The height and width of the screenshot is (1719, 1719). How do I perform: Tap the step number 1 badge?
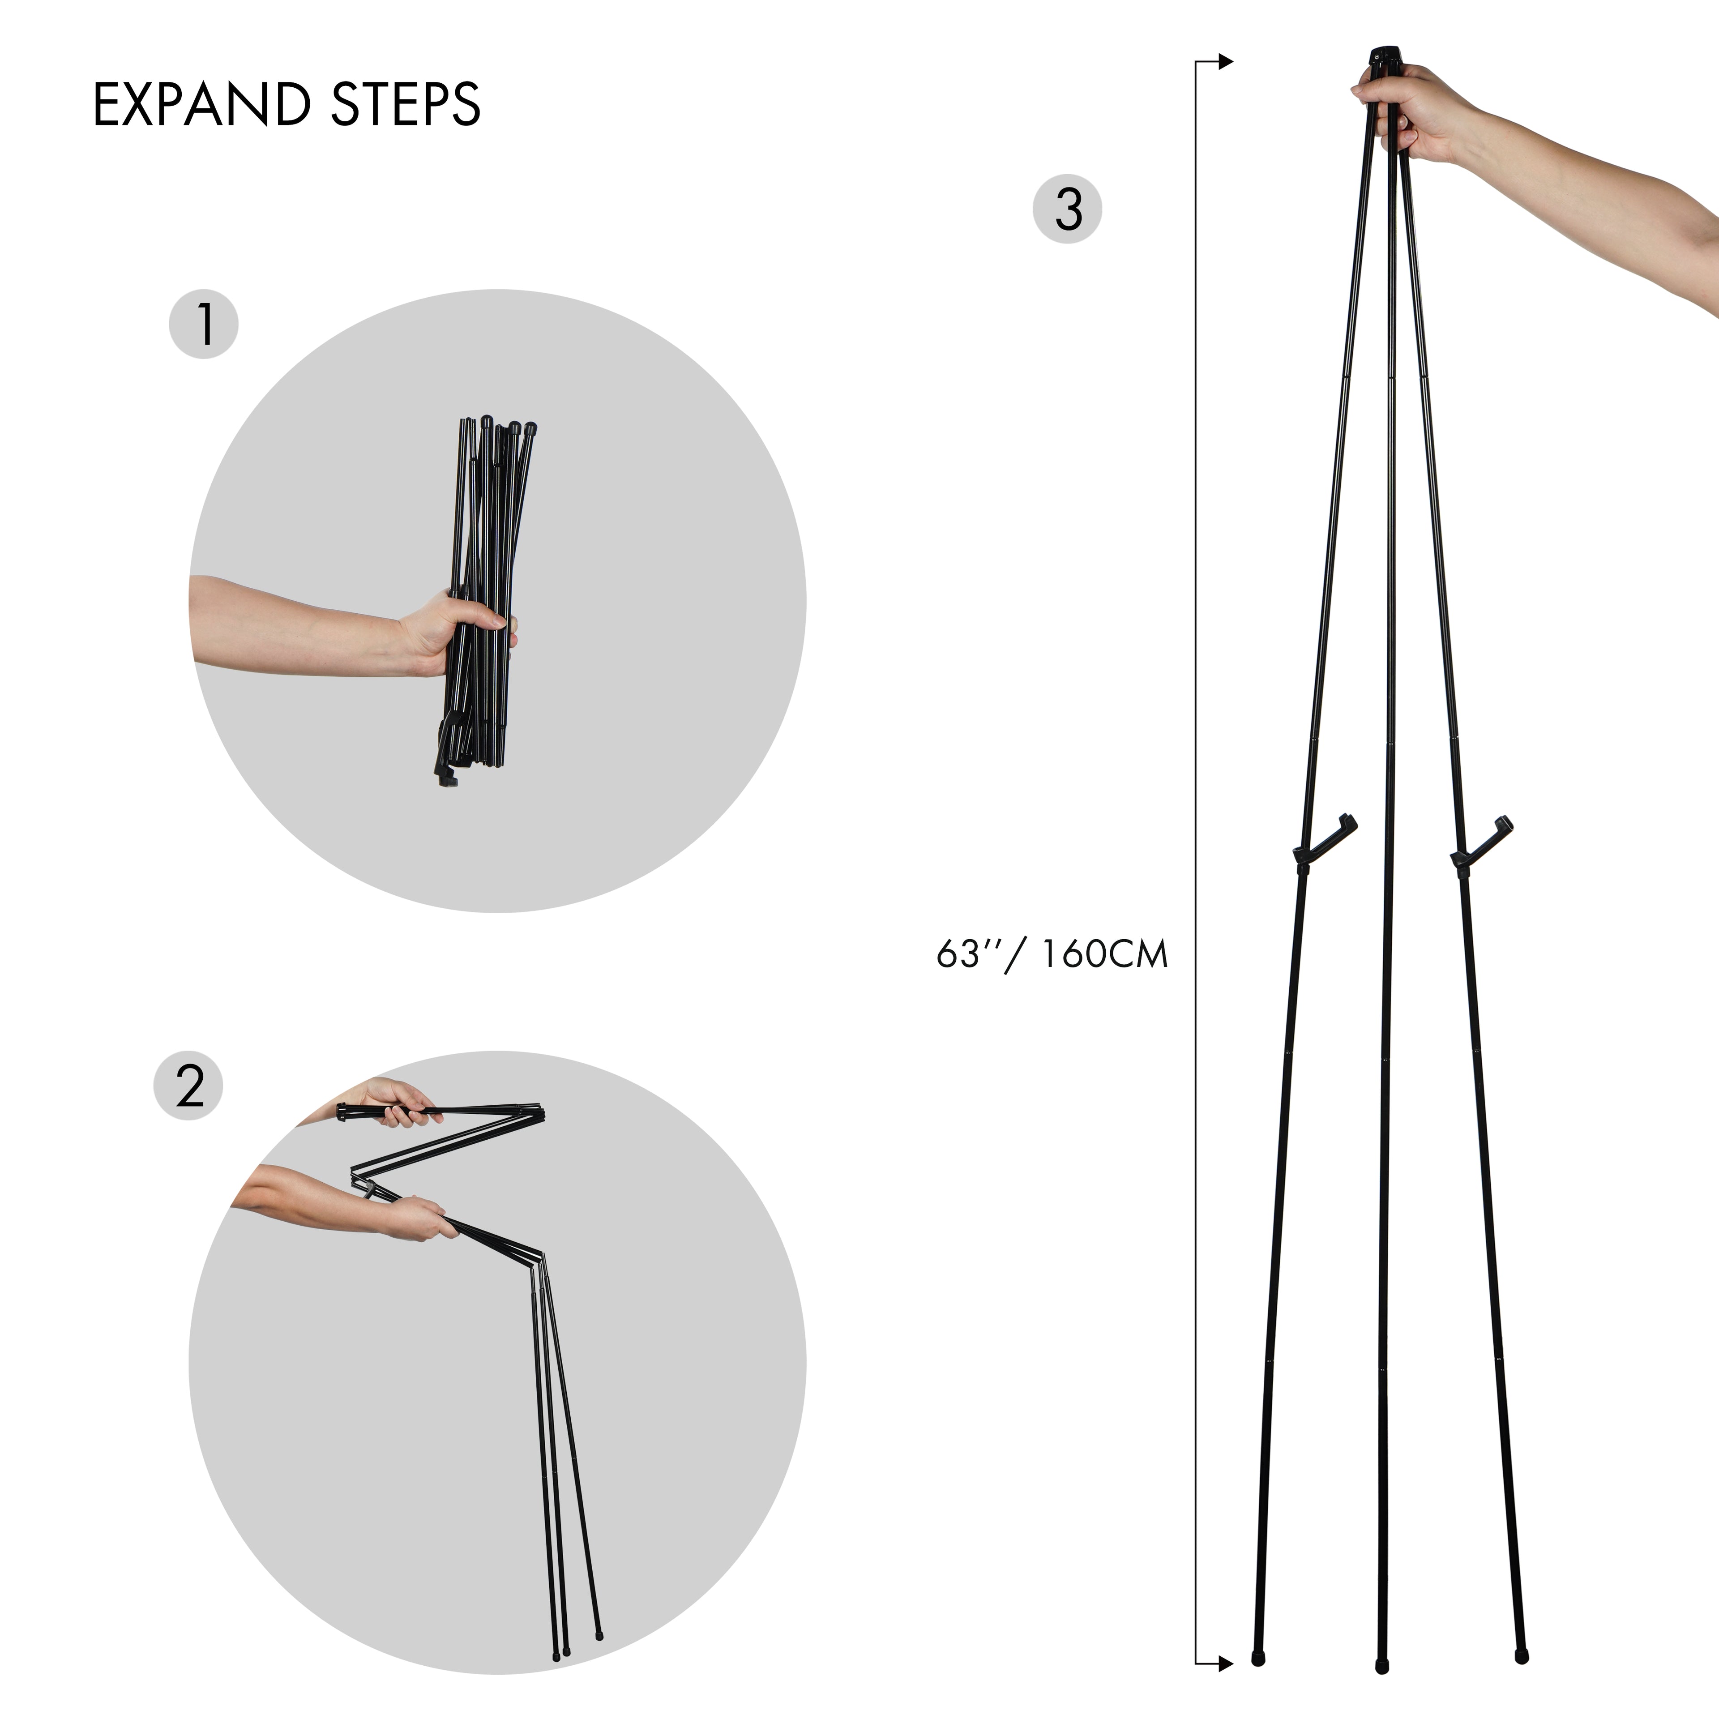point(204,325)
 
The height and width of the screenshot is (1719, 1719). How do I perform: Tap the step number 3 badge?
point(1067,210)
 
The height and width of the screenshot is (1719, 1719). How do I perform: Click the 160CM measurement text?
point(1103,955)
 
